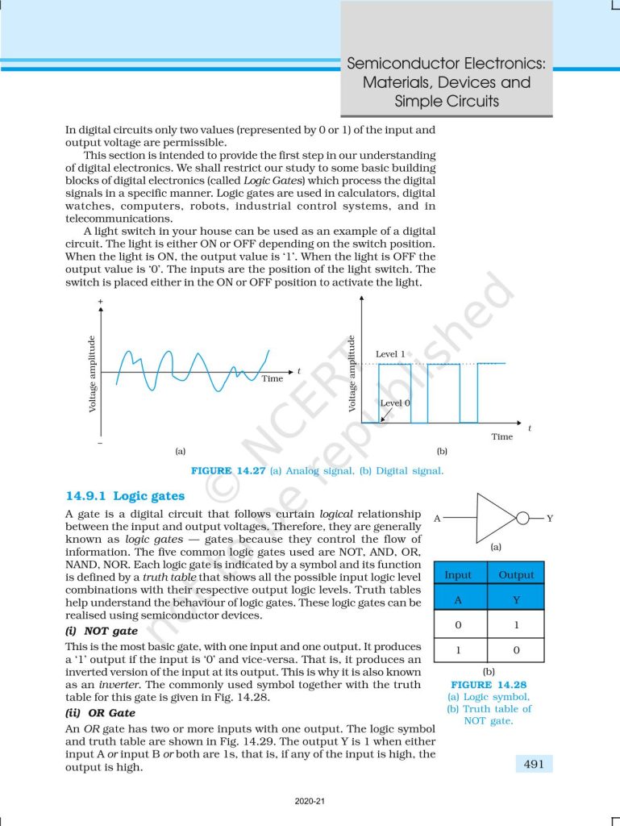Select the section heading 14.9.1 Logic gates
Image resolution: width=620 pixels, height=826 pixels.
pos(125,496)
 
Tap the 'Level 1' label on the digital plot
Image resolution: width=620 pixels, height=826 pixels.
pos(390,354)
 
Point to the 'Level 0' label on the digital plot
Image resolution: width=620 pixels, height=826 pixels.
pos(395,403)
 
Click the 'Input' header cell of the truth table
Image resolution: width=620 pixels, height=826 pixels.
pos(457,575)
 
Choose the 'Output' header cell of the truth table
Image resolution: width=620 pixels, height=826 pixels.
pos(516,575)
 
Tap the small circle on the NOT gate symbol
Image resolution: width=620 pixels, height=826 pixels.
pos(522,518)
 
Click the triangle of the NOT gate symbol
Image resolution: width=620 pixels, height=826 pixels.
pos(493,517)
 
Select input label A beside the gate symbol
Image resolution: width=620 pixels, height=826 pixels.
pos(437,518)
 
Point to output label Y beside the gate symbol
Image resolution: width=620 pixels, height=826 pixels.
pos(550,518)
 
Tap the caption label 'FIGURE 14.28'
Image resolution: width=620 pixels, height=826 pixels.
pos(489,684)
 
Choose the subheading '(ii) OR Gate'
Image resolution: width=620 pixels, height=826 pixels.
pos(100,713)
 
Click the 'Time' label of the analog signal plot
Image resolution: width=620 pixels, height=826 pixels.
pos(272,378)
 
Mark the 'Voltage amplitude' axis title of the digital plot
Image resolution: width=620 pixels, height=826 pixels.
pos(352,373)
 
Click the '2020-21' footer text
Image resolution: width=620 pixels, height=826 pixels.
pos(310,802)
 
